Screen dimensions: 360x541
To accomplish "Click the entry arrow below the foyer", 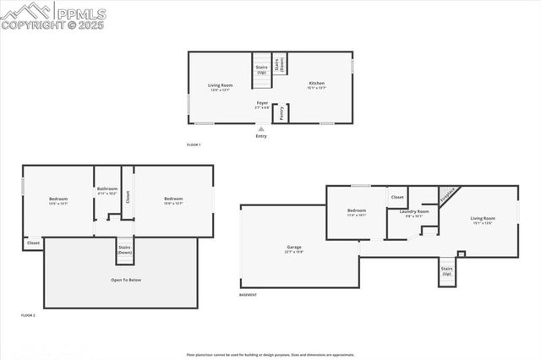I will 260,129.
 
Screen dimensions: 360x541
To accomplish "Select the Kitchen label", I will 315,85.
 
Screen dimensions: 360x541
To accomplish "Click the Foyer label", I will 263,105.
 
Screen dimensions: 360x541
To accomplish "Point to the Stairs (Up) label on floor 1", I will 261,71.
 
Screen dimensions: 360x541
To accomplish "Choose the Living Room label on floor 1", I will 220,86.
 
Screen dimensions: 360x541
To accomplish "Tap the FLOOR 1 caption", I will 194,145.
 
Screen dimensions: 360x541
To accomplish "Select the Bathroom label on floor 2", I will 107,190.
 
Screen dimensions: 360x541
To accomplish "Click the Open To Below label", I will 126,279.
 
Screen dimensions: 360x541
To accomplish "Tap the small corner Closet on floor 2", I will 33,243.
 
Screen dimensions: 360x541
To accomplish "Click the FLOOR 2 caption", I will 28,314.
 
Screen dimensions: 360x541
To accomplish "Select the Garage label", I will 294,249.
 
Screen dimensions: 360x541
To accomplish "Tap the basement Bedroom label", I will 357,212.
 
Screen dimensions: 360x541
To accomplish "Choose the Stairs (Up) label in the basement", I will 446,271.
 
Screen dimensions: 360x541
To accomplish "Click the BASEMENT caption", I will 248,295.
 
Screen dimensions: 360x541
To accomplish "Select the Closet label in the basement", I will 397,197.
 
